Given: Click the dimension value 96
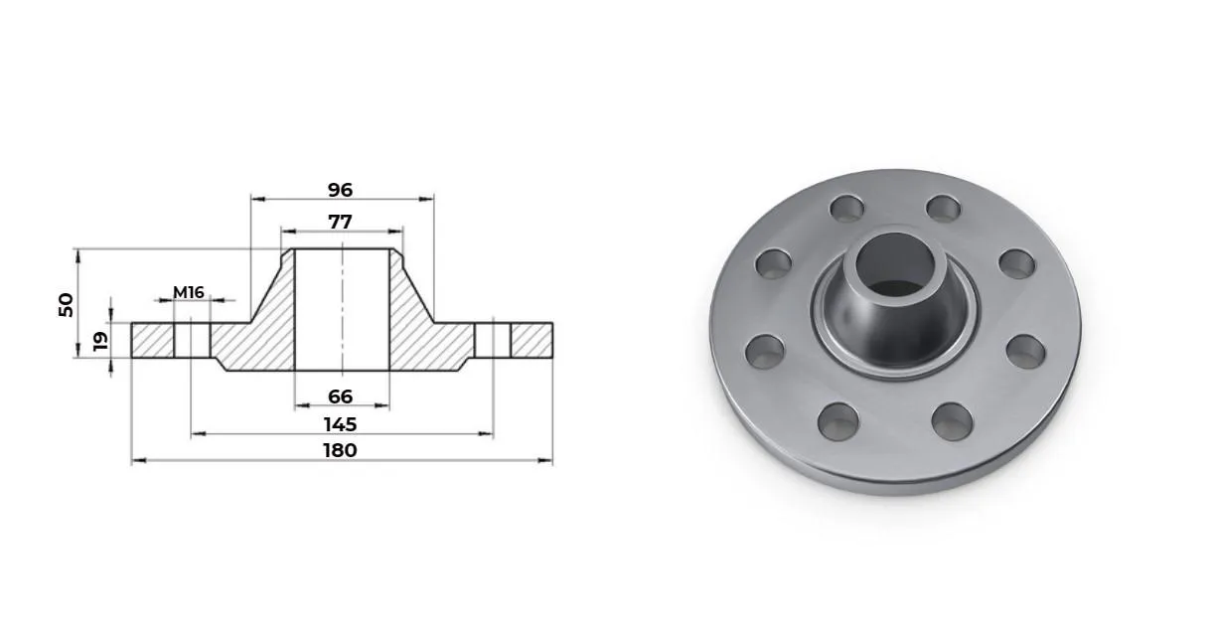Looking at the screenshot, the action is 340,190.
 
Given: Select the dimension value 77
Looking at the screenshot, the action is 340,222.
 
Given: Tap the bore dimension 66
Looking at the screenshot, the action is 341,397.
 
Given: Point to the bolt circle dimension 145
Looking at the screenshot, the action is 341,424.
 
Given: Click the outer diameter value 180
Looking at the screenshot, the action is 341,450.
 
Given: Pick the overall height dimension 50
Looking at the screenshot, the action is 66,305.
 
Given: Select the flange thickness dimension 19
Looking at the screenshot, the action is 100,341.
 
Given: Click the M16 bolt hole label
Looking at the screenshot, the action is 189,293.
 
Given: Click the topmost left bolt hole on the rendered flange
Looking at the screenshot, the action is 847,209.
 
